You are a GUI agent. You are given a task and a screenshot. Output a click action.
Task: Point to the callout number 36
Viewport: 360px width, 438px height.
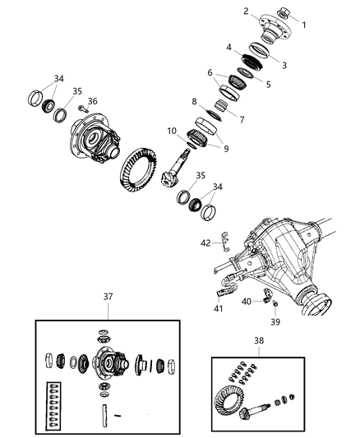93,102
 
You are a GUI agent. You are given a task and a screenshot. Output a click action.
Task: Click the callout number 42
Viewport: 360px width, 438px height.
206,242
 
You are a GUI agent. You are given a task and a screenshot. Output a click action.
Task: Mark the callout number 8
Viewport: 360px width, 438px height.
194,101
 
